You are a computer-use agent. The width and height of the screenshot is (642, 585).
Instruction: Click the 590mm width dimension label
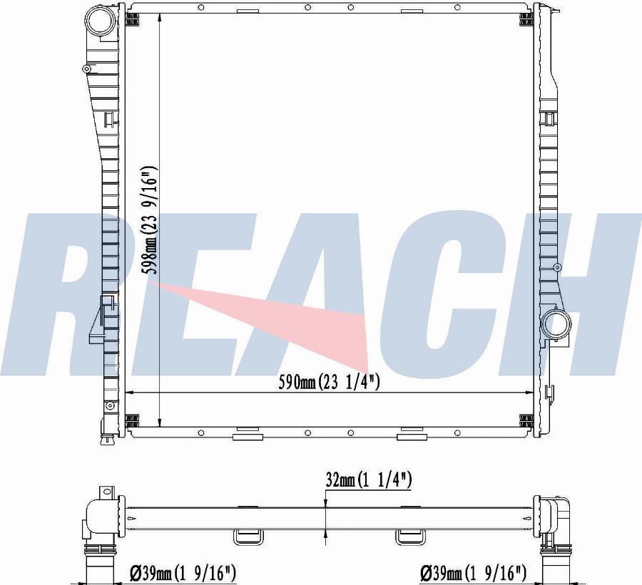[x=329, y=382]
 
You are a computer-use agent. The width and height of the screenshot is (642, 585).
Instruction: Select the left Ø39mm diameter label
[x=183, y=574]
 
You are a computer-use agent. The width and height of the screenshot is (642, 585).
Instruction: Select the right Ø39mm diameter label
[x=473, y=574]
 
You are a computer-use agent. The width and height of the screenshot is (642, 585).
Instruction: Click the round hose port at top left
[x=99, y=24]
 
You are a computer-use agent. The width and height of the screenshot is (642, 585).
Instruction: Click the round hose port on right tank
[x=556, y=325]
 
